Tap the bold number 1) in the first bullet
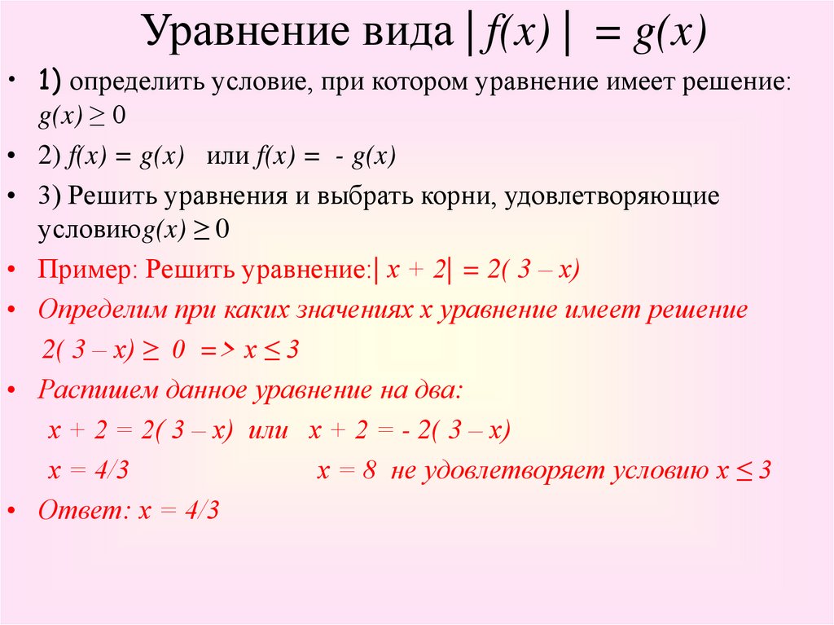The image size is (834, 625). pos(50,81)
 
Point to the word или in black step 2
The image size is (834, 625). pos(228,156)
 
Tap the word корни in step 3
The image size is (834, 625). pos(458,196)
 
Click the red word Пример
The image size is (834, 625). pos(85,270)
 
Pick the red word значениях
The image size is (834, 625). pos(353,310)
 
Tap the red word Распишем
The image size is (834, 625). pos(98,390)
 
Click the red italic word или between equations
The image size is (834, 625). pos(268,430)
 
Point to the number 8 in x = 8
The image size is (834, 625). pos(370,470)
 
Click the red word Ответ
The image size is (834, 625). pos(81,510)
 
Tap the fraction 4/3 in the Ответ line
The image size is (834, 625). pos(202,511)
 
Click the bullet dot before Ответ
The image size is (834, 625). pos(11,511)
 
